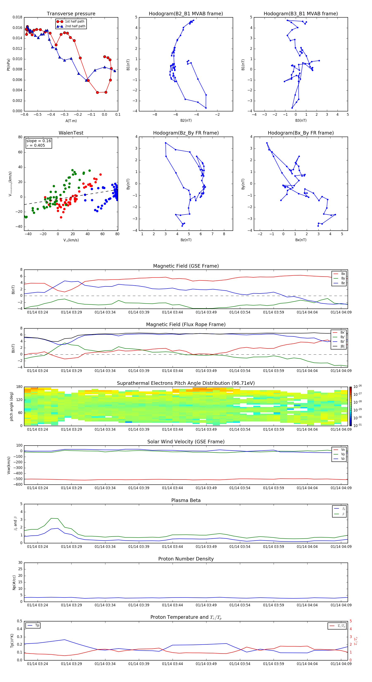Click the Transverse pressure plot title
(x=71, y=14)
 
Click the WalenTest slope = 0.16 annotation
(x=38, y=141)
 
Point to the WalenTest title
(x=71, y=133)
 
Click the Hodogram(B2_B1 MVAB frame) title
(x=186, y=14)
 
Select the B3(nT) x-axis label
(x=301, y=120)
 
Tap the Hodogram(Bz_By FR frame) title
(x=186, y=133)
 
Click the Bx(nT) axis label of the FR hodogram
(x=301, y=240)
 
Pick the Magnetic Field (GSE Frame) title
(x=186, y=266)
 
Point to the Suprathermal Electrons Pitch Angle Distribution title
(x=186, y=383)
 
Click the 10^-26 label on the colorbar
(x=358, y=386)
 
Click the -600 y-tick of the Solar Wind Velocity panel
(x=18, y=484)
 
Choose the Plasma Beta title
(x=186, y=500)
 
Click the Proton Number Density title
(x=186, y=559)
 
